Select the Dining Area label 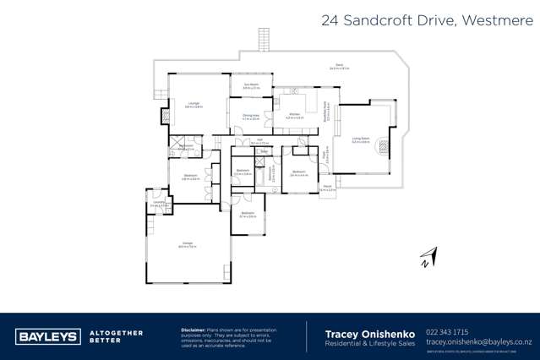(x=250, y=116)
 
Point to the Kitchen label (x=294, y=115)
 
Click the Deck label (x=338, y=66)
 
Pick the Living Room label (x=361, y=140)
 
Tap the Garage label (x=187, y=245)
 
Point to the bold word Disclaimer (x=194, y=329)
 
